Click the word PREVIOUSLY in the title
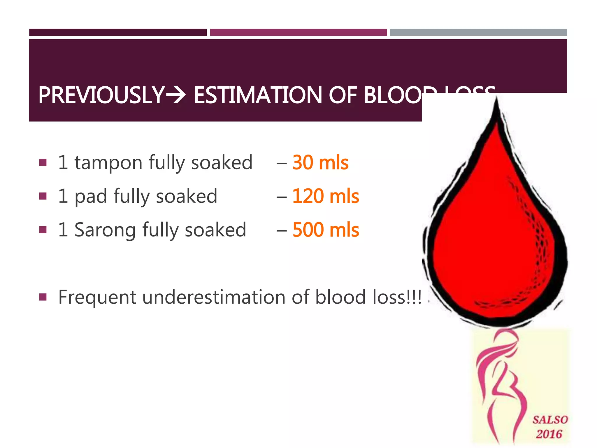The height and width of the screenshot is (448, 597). [x=101, y=95]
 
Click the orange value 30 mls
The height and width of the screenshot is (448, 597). [x=320, y=162]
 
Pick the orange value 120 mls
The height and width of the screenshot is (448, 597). [x=325, y=196]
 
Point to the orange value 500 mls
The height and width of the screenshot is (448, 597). [x=325, y=230]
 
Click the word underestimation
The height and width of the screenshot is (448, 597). [x=214, y=297]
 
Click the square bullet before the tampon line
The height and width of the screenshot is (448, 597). [x=43, y=162]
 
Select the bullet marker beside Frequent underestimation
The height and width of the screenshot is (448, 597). [x=43, y=297]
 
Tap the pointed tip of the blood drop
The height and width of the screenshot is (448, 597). [x=496, y=101]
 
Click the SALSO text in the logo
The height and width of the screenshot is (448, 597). [x=550, y=420]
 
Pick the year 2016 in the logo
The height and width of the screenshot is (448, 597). [x=549, y=434]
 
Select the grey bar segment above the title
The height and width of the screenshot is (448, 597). [x=478, y=32]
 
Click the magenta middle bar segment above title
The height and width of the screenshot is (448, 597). [x=298, y=32]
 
